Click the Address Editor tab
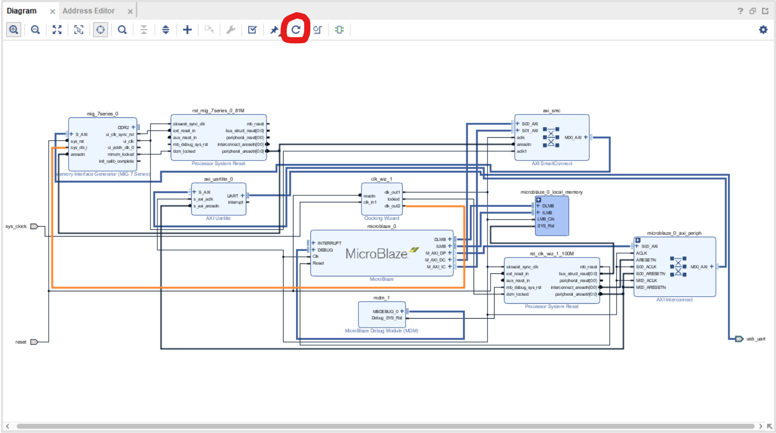point(88,11)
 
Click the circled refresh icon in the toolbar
point(296,30)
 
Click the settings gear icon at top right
point(763,30)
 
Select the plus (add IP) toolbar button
point(187,30)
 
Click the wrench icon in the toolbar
point(231,30)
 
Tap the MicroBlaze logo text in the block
point(377,254)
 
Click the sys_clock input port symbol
point(34,227)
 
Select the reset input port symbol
point(34,342)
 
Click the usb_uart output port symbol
point(739,339)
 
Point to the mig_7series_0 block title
point(102,114)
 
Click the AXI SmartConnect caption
point(552,164)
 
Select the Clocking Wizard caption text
point(381,218)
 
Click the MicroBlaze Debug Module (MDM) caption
point(381,331)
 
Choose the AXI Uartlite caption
point(218,218)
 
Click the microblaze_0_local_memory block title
point(551,192)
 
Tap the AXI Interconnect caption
point(674,300)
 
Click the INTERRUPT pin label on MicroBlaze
point(329,243)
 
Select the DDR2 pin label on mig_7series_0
point(123,128)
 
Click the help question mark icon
point(740,11)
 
